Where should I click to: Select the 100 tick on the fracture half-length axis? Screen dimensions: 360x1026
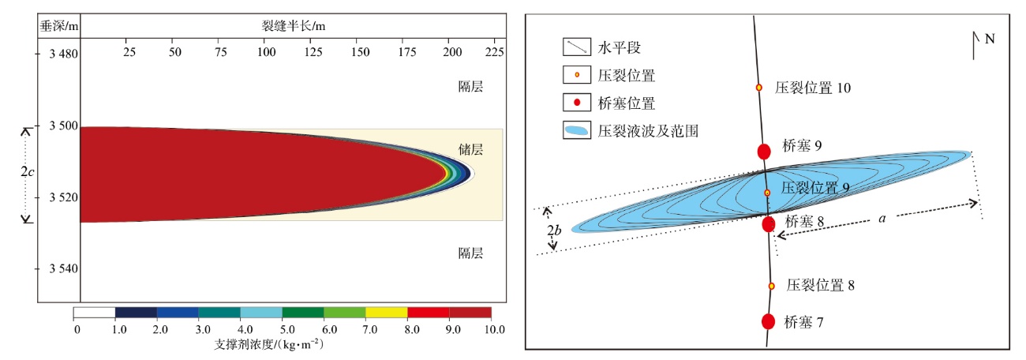tap(268, 52)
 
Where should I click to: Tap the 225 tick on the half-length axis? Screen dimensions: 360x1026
tap(493, 52)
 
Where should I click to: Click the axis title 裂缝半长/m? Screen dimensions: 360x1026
tap(294, 25)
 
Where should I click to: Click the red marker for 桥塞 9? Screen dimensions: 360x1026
tap(763, 152)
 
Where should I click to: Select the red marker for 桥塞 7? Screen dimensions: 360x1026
tap(768, 321)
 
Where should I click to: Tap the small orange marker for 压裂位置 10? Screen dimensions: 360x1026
tap(759, 88)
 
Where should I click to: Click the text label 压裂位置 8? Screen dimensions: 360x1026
tap(821, 286)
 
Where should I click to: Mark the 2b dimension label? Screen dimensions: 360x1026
tap(555, 231)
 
